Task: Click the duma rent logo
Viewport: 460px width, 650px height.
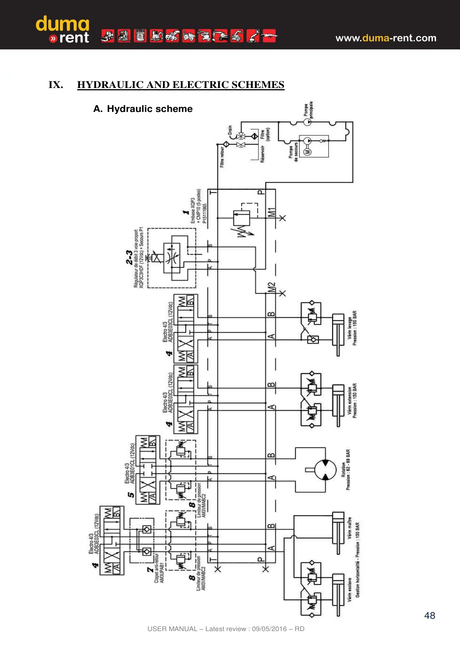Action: [x=63, y=30]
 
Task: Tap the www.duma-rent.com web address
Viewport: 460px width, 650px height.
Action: [x=385, y=38]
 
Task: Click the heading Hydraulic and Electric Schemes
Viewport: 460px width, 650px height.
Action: [x=180, y=85]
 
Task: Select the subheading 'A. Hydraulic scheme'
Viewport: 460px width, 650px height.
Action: [x=143, y=109]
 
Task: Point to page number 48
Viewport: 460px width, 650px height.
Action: [x=429, y=615]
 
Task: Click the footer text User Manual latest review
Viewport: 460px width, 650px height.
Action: [x=226, y=629]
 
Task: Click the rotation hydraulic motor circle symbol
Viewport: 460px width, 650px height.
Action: [x=325, y=470]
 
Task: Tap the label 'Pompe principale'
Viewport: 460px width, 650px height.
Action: [x=309, y=110]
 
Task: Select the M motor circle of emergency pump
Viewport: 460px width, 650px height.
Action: [x=308, y=151]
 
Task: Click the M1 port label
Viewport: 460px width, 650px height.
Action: [x=272, y=212]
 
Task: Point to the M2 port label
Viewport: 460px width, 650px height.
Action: [x=272, y=287]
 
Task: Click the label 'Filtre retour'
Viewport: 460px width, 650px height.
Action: [x=222, y=157]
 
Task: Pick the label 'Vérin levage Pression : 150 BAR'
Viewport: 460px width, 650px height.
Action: [x=352, y=328]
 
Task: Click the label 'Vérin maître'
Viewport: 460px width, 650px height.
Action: [x=350, y=528]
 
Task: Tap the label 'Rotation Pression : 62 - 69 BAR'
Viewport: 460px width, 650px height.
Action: [x=346, y=470]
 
